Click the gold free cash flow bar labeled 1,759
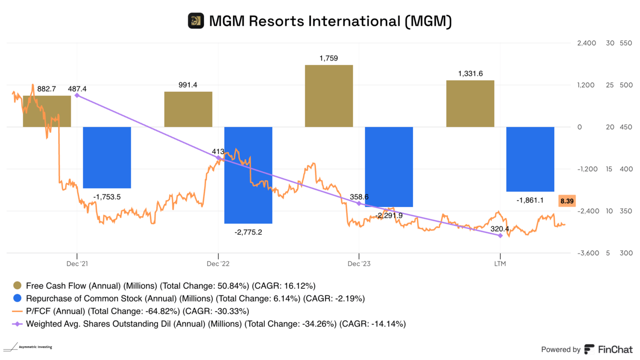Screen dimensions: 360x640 click(329, 96)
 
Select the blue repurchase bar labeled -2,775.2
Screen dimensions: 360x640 click(248, 175)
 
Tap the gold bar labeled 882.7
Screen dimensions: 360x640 click(47, 111)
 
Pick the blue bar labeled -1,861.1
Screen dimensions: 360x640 click(530, 159)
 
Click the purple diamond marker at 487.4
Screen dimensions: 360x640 click(77, 95)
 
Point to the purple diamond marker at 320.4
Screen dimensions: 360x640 click(500, 236)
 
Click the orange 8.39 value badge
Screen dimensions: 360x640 click(567, 201)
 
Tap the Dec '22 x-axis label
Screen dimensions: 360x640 click(218, 263)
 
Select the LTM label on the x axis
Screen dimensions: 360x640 click(500, 263)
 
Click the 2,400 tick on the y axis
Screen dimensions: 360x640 click(587, 43)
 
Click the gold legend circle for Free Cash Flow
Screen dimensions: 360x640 click(17, 286)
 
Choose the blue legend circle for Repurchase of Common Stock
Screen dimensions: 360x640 click(17, 299)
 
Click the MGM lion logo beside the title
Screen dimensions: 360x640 click(196, 21)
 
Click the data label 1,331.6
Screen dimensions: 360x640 click(470, 74)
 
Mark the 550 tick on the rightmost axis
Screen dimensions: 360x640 click(626, 43)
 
